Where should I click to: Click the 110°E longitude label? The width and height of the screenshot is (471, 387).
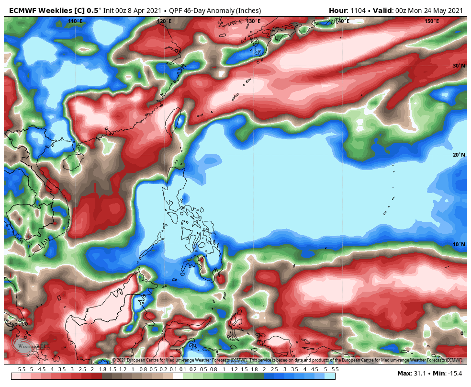coord(75,21)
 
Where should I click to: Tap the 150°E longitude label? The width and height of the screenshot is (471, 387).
coord(432,21)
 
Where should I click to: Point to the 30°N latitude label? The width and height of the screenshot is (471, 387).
coord(459,66)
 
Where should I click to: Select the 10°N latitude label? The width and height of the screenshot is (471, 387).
coord(459,245)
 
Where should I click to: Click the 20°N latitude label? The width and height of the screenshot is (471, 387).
coord(459,155)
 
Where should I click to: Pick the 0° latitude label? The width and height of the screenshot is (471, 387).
coord(462,333)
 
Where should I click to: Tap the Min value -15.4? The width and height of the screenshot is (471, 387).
coord(455,374)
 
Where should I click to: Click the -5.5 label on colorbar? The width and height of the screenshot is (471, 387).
coord(21,369)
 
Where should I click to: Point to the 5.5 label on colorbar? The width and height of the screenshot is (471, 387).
coord(335,369)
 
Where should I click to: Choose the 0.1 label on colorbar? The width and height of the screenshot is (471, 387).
coord(183,369)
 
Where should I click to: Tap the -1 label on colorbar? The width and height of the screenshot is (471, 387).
coord(132,369)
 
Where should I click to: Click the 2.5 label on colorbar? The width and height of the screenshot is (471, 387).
coord(274,369)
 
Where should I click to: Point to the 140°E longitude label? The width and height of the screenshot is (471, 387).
coord(342,21)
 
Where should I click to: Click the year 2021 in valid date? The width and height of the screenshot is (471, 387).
coord(455,10)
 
